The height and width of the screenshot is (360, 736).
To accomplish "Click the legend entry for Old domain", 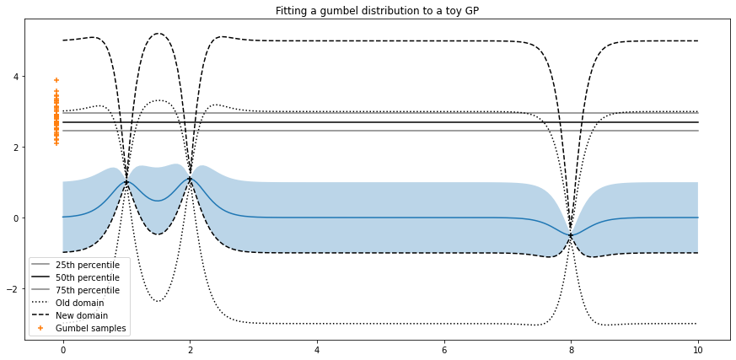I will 79,303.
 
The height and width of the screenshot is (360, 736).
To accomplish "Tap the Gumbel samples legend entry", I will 90,328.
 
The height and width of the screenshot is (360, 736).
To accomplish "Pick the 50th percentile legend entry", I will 87,277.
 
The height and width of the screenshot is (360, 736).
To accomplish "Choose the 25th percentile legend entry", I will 87,265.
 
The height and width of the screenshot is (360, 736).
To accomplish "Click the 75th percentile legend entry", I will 87,290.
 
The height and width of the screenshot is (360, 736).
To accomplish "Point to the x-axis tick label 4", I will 317,349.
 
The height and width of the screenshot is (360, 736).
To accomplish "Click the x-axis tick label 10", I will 698,349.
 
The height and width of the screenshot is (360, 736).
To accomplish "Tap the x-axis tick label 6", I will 444,349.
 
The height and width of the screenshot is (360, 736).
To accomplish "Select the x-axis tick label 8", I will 572,349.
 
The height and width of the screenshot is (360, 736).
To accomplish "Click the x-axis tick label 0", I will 63,349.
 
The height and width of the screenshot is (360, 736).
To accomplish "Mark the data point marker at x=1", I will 126,182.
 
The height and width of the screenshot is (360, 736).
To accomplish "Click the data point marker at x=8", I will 572,235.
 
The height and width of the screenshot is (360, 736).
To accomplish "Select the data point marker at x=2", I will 190,178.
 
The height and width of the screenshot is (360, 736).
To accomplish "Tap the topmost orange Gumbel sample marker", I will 56,80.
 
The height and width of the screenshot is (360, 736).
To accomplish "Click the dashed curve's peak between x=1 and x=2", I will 158,34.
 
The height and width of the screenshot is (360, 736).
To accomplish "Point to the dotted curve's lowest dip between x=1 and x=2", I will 158,301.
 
